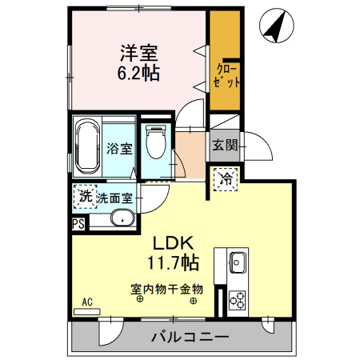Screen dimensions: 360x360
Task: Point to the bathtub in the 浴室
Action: [x=86, y=147]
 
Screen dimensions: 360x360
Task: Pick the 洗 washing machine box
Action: [x=84, y=196]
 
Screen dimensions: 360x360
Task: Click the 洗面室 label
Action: [x=116, y=197]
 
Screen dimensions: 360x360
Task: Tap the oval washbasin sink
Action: [x=122, y=218]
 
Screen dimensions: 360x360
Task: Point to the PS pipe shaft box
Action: [x=78, y=224]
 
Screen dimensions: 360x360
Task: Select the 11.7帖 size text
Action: [x=172, y=262]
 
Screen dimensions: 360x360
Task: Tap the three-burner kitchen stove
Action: [x=238, y=300]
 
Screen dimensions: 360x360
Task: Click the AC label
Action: [x=88, y=302]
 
